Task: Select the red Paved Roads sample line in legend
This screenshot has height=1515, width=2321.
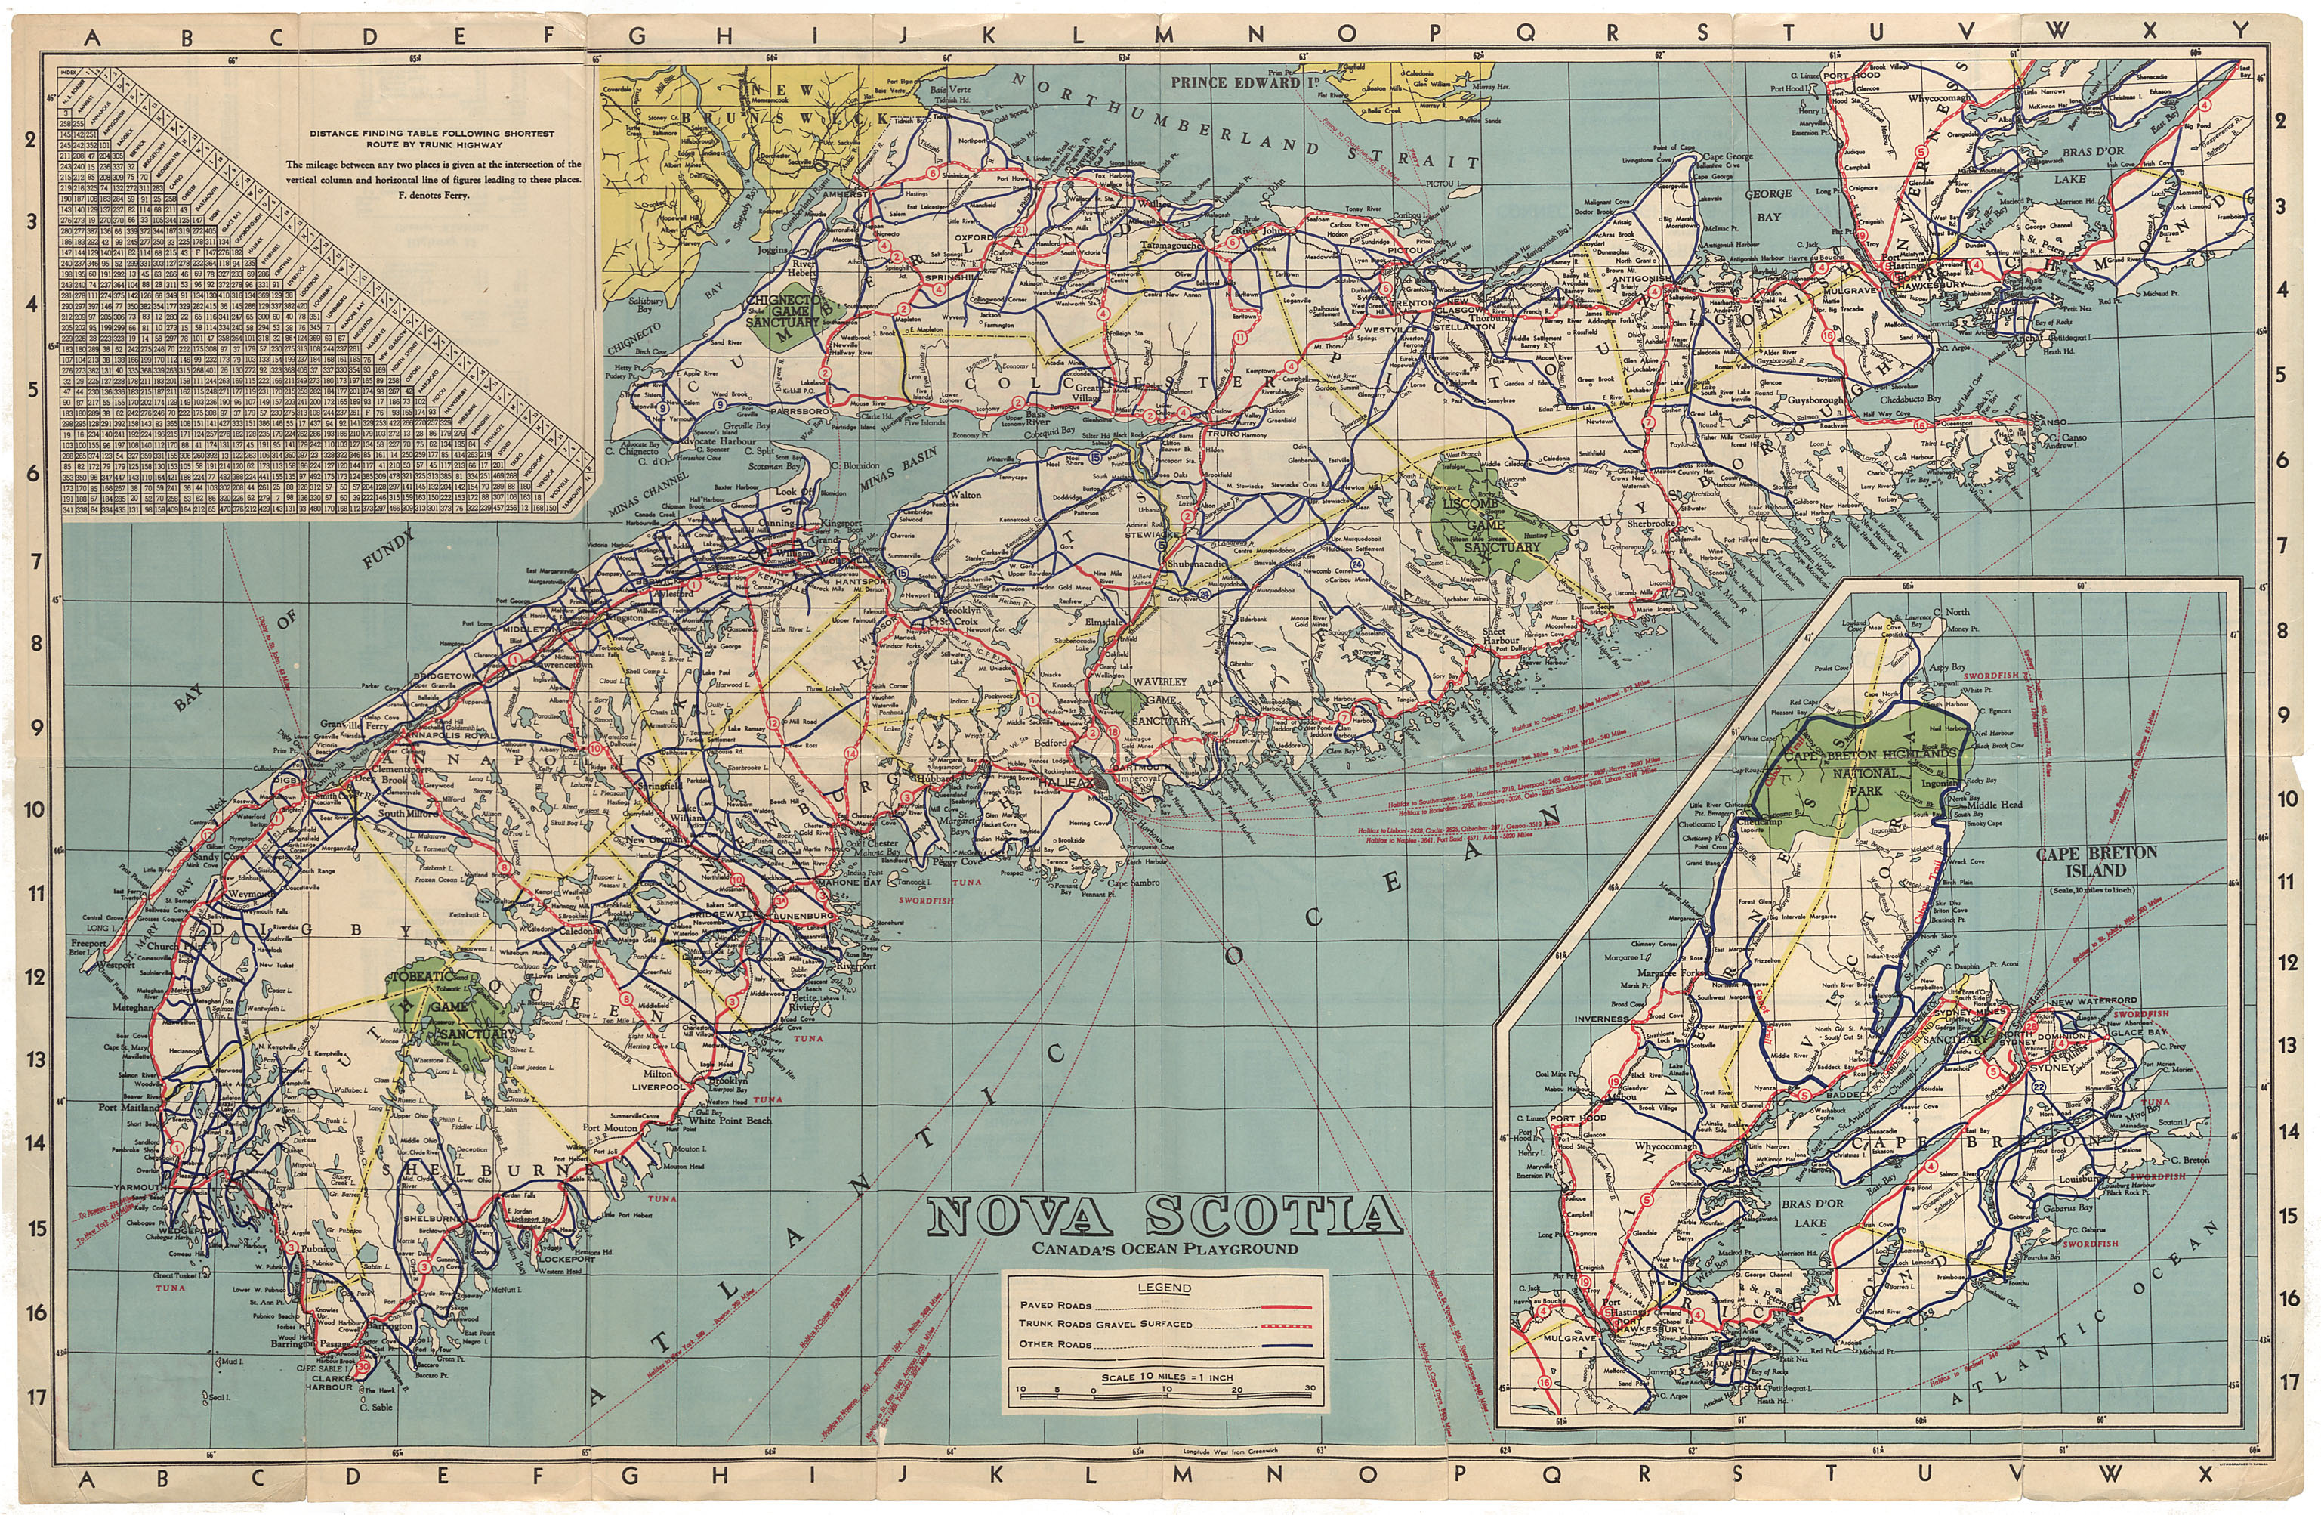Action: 1286,1305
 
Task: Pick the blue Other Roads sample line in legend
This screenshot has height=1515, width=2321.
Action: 1286,1344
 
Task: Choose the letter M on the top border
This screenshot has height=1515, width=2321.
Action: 1163,34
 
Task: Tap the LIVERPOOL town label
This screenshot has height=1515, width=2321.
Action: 659,1086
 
